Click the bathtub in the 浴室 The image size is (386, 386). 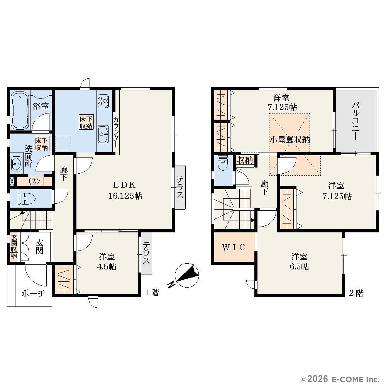pos(20,110)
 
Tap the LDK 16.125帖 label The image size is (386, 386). pos(125,190)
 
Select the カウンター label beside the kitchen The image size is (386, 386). pos(116,132)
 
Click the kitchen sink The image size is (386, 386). pos(103,134)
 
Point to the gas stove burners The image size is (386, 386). pos(103,101)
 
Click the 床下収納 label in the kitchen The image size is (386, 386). pos(86,122)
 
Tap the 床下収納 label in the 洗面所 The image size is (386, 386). pos(42,144)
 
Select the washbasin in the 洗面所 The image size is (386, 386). pos(17,163)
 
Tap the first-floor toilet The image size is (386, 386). pos(27,198)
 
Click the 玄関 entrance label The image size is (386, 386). pos(39,247)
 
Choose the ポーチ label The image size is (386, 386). pos(34,293)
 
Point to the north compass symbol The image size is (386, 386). pos(186,275)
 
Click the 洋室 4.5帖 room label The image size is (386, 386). pos(107,262)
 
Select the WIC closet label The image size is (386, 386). pos(234,247)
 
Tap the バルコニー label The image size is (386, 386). pos(356,122)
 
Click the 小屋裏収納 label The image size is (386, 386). pos(290,140)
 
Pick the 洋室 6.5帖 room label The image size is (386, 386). pos(300,262)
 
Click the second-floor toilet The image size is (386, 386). pos(223,163)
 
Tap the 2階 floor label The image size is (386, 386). pos(356,293)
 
